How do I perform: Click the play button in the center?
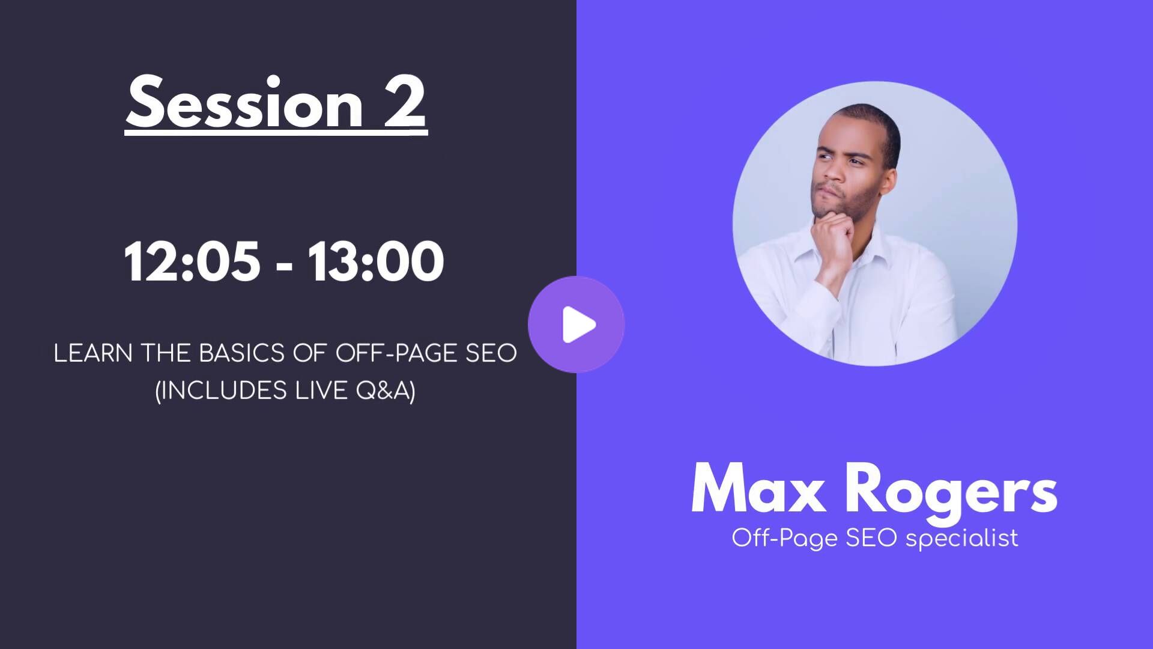(576, 324)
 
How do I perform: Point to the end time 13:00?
(376, 261)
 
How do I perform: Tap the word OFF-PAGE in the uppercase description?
(396, 353)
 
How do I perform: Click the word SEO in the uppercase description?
(491, 353)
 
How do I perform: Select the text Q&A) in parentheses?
(386, 391)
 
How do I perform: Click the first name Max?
(758, 489)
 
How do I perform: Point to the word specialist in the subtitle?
(962, 538)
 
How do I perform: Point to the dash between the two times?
(285, 265)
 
